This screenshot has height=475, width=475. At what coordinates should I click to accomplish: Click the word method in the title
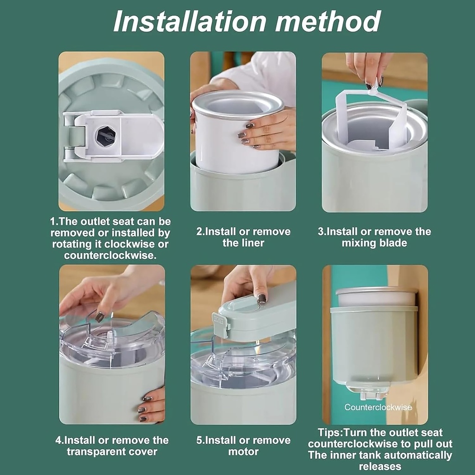click(328, 21)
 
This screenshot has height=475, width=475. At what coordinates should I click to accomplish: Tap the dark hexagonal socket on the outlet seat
click(106, 136)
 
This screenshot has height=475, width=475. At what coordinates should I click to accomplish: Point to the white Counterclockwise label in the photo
click(378, 407)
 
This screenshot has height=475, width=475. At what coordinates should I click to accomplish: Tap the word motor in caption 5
click(244, 452)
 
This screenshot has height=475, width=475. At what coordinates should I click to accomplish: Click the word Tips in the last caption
click(329, 432)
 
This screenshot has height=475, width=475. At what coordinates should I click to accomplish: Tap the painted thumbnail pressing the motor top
click(262, 298)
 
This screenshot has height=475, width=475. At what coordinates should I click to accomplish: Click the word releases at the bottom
click(380, 467)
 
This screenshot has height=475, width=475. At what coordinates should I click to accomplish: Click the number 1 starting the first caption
click(53, 222)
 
